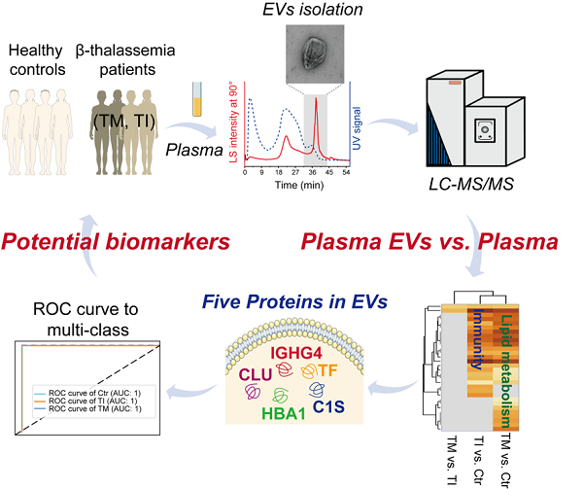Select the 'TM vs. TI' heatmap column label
[451, 458]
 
